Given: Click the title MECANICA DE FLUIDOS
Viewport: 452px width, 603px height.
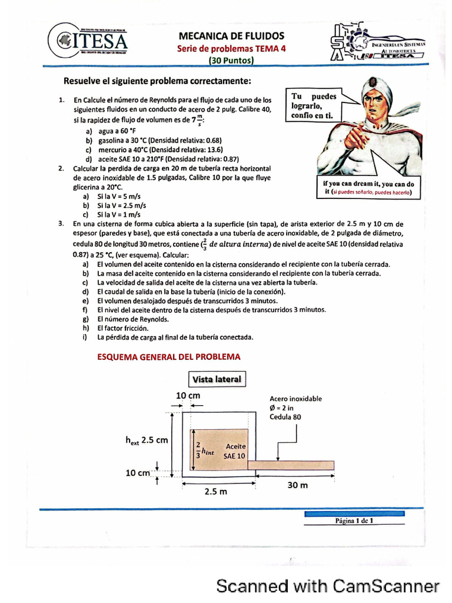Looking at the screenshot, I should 231,37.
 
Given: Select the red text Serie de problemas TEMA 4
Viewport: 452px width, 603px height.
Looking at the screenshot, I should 231,49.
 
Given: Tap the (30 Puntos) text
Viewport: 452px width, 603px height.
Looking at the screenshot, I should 231,61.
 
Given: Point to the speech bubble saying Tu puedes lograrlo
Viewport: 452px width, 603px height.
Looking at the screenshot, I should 315,105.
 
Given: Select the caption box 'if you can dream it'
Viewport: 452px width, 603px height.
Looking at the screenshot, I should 368,187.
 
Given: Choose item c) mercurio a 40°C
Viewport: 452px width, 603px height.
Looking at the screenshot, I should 153,150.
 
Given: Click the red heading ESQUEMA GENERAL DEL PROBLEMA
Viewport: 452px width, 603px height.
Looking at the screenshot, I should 168,357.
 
